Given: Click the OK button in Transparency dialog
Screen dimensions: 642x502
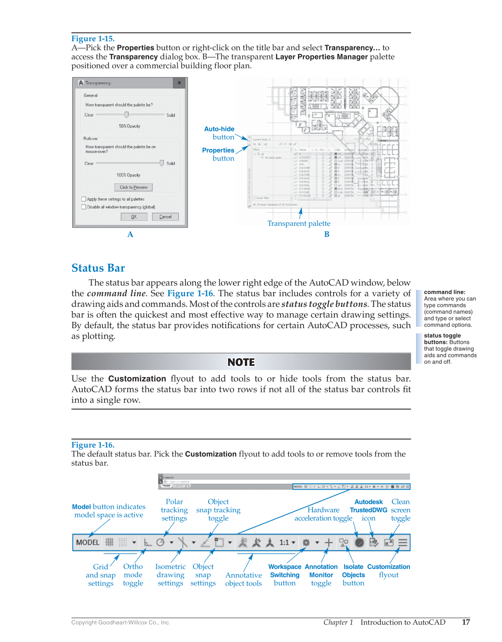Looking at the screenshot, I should [134, 217].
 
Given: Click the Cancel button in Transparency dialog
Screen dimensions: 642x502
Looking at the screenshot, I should [165, 217].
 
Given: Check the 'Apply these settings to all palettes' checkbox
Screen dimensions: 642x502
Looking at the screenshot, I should [84, 199].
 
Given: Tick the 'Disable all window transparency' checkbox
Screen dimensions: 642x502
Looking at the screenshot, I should [84, 207].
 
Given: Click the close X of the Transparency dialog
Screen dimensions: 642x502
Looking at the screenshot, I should [179, 82].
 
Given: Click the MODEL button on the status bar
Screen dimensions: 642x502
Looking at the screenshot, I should [88, 542].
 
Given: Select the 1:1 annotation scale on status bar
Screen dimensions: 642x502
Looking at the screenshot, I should [284, 542].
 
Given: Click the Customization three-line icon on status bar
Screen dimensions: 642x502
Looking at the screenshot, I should [403, 542].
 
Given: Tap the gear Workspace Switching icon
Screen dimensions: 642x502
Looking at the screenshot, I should [306, 542].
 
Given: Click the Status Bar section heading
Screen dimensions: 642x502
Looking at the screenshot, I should [98, 268].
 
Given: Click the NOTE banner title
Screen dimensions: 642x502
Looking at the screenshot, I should [241, 362].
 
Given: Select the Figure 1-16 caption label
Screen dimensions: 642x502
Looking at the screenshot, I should [93, 445].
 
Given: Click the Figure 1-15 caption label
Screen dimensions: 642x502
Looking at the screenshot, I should [93, 39].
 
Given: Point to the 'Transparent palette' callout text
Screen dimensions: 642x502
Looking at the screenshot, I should [299, 224].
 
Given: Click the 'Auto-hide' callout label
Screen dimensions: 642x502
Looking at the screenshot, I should [219, 129].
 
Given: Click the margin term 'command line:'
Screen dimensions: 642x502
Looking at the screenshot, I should [444, 292].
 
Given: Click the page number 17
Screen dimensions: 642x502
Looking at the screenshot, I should [466, 622].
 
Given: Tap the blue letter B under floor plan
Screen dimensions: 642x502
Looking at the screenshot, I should [327, 234].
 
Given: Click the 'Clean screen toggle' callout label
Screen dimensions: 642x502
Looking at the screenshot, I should [400, 510].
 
